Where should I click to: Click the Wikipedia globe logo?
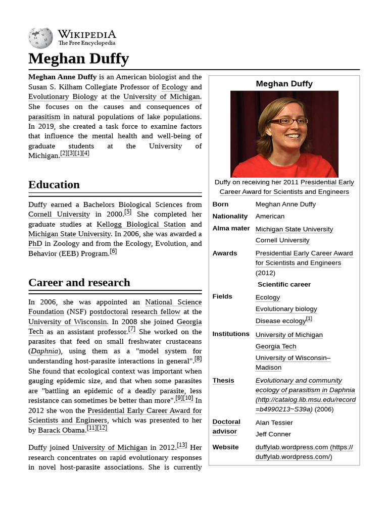(40, 38)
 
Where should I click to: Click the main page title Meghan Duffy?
(78, 59)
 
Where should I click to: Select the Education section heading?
(54, 184)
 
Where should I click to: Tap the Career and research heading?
(79, 282)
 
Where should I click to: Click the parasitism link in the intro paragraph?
(44, 117)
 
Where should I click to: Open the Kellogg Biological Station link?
(141, 224)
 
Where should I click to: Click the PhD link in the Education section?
(35, 243)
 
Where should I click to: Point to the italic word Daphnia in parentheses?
(44, 351)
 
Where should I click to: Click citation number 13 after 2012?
(182, 445)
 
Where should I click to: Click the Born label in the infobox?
(220, 204)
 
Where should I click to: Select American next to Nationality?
(270, 216)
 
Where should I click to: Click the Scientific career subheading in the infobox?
(284, 284)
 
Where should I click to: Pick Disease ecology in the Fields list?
(280, 321)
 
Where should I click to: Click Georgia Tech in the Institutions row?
(276, 346)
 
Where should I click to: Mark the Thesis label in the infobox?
(223, 380)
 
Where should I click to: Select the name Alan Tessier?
(274, 423)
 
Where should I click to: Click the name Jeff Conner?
(273, 434)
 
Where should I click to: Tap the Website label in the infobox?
(225, 447)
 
